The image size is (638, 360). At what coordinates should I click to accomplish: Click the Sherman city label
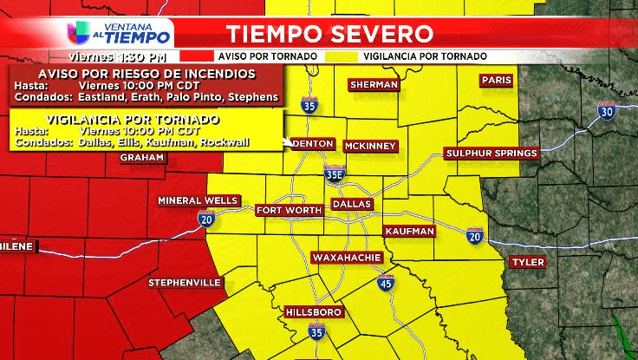pos(374,84)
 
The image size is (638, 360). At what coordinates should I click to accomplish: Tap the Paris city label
pos(497,80)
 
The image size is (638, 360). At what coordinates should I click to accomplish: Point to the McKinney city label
pos(370,146)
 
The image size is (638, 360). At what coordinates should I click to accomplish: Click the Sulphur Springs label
pos(492,154)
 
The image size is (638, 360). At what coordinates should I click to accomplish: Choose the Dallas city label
pos(353,204)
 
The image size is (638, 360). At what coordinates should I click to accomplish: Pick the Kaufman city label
pos(408,232)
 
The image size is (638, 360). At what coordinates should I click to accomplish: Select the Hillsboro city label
pos(314,311)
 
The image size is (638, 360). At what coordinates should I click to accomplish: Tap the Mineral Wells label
pos(198,200)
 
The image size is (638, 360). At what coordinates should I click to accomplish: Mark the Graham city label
pos(142,157)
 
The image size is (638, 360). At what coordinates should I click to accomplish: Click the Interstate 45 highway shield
pos(385,283)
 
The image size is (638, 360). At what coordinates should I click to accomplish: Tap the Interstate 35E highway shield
pos(335,173)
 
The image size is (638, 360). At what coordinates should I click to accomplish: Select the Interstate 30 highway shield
pos(606,110)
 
